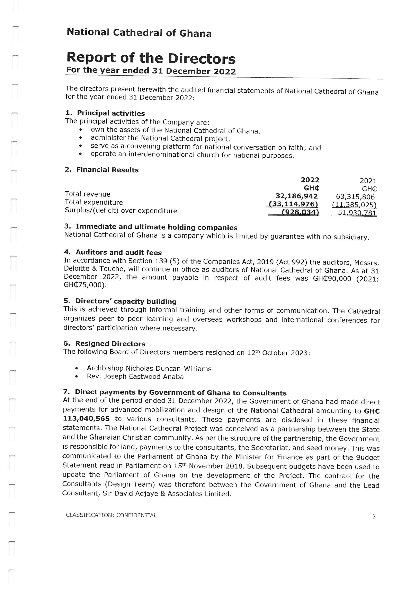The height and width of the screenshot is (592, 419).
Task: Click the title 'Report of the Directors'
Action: [x=151, y=58]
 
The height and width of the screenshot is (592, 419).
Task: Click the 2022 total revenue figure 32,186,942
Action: [x=296, y=196]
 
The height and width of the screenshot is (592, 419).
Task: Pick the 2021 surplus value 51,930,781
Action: [x=357, y=213]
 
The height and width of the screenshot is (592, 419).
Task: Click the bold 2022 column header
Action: [x=310, y=180]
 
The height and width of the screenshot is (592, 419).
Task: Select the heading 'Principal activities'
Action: [x=111, y=113]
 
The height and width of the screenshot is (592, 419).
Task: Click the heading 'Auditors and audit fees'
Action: [x=118, y=252]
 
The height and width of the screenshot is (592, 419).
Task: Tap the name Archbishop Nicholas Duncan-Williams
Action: [x=149, y=368]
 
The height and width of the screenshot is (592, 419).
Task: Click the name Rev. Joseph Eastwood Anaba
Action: [x=135, y=377]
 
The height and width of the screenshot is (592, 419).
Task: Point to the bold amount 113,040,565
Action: [x=86, y=418]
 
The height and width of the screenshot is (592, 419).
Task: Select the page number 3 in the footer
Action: [x=374, y=516]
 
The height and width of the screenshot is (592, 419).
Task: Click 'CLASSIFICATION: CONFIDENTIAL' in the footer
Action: [x=111, y=515]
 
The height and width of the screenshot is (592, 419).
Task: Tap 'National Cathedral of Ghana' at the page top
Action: [x=139, y=33]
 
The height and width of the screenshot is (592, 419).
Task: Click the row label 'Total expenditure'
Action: [x=94, y=202]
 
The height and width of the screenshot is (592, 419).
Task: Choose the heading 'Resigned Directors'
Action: [x=110, y=344]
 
